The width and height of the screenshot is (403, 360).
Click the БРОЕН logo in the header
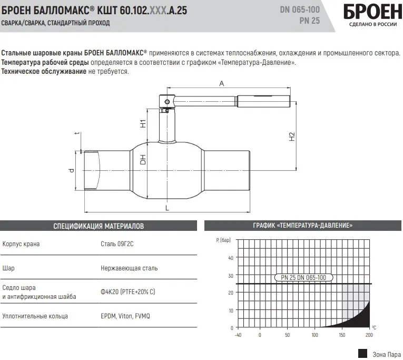coord(369,12)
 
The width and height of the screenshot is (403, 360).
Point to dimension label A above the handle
coord(222,83)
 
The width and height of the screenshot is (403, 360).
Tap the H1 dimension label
coord(143,124)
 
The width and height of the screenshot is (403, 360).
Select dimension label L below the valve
coord(167,209)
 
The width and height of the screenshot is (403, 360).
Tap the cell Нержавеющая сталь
coord(129,268)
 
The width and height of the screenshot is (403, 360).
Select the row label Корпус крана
coord(21,244)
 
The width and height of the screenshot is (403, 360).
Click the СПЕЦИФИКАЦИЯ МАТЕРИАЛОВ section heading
coord(99,226)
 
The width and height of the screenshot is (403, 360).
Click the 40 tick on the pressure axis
coord(230,258)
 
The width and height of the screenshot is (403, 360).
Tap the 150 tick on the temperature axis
coord(342,335)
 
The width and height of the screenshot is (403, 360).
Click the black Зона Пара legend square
coord(362,353)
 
